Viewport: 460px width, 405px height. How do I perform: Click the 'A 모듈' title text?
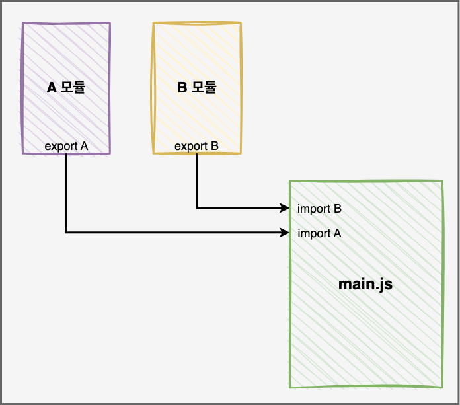[x=66, y=87]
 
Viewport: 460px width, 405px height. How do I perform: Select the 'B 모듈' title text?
[x=198, y=87]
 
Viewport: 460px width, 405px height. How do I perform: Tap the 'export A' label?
[x=66, y=145]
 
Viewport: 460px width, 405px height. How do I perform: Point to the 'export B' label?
[x=196, y=145]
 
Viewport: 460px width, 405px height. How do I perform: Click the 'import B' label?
[x=319, y=209]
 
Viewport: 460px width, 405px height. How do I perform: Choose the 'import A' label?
[x=319, y=233]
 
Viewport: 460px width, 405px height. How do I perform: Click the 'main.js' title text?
[x=365, y=285]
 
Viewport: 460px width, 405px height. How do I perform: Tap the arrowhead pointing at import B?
[x=286, y=209]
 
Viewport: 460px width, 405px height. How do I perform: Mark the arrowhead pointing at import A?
[x=286, y=233]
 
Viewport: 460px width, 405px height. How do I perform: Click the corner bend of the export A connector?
[x=66, y=233]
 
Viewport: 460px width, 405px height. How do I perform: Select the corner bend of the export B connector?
[x=197, y=209]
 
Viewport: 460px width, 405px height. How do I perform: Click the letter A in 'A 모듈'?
[x=52, y=87]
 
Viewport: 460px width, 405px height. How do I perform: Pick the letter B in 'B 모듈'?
[x=182, y=87]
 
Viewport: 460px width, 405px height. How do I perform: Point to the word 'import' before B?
[x=314, y=209]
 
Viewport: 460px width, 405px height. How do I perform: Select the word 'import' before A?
[x=314, y=233]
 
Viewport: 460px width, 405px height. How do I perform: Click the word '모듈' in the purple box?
[x=73, y=87]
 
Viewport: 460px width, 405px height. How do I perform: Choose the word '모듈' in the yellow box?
[x=204, y=87]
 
